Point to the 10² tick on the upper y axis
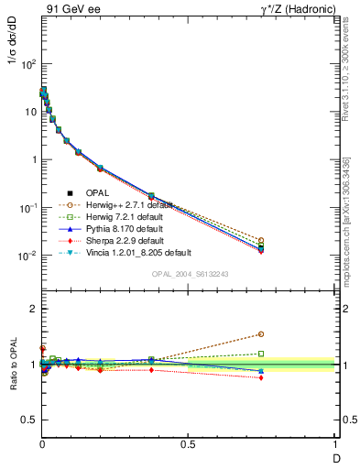(x=27, y=64)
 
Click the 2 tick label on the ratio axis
(x=33, y=309)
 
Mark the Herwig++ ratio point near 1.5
(x=261, y=334)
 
